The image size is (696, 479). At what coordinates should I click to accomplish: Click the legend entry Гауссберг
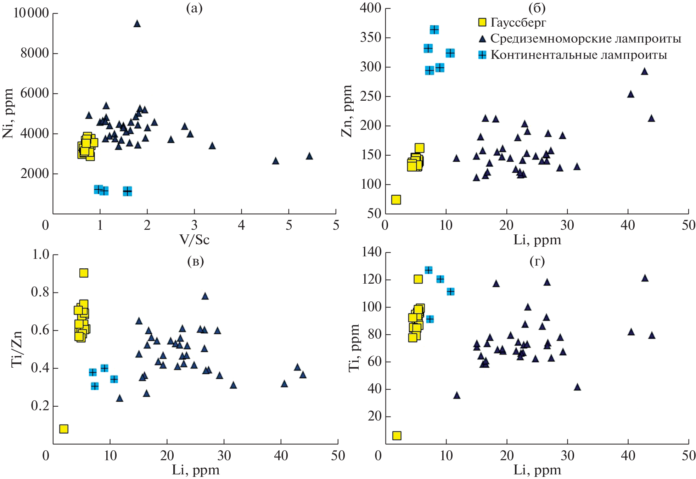coord(518,22)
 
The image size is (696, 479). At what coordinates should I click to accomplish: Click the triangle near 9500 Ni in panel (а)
coord(137,24)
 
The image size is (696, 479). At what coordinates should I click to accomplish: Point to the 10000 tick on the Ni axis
coord(31,13)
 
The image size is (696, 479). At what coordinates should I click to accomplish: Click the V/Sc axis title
coord(194,240)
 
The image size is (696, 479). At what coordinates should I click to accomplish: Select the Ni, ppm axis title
coord(8,113)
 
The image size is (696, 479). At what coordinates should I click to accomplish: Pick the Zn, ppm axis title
coord(347,111)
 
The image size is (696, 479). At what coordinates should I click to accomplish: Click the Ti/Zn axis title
coord(17,349)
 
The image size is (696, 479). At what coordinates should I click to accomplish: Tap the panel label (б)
coord(537,8)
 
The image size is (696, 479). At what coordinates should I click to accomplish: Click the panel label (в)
coord(195,261)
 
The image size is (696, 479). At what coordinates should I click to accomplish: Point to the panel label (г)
coord(537,261)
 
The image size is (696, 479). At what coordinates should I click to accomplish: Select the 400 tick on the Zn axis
coord(370,8)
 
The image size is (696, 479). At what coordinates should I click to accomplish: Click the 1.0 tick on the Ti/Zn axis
coord(41,254)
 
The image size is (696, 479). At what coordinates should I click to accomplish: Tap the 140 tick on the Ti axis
coord(371,252)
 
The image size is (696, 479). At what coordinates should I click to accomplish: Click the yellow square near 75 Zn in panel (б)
coord(396,200)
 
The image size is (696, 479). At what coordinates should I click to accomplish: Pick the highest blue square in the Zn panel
coord(434,29)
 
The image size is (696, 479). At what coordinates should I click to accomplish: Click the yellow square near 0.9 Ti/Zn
coord(84,273)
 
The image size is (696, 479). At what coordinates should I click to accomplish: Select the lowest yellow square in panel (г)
coord(397,435)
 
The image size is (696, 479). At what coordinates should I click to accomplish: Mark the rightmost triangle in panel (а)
coord(309,156)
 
